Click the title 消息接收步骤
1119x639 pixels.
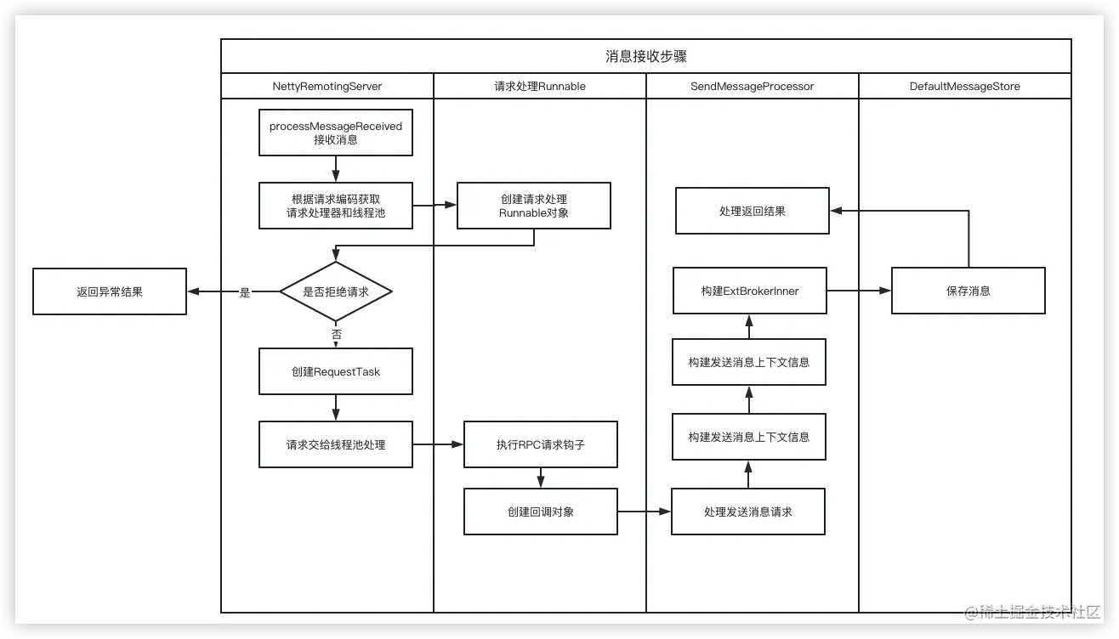click(645, 57)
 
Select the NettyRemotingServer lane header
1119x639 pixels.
click(327, 87)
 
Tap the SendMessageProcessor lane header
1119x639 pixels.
click(752, 87)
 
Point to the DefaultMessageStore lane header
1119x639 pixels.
click(964, 87)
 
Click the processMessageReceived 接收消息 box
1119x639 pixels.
click(336, 133)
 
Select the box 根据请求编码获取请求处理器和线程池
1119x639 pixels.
click(336, 206)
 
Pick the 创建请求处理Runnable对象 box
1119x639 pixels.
click(533, 206)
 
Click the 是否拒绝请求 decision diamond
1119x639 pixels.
click(336, 291)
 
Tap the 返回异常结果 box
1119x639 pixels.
click(110, 291)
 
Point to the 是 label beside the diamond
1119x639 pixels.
click(245, 292)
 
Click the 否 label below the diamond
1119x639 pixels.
click(336, 335)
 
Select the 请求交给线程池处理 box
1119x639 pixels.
click(336, 444)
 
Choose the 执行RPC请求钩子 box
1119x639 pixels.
click(540, 444)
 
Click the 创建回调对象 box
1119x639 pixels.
click(540, 512)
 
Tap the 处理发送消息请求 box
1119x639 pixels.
click(748, 512)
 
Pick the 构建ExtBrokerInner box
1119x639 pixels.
click(749, 291)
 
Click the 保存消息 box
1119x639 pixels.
click(968, 291)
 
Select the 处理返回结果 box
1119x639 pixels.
click(753, 211)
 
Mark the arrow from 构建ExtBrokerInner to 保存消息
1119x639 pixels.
click(859, 291)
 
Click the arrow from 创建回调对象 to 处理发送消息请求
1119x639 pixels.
click(645, 512)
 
